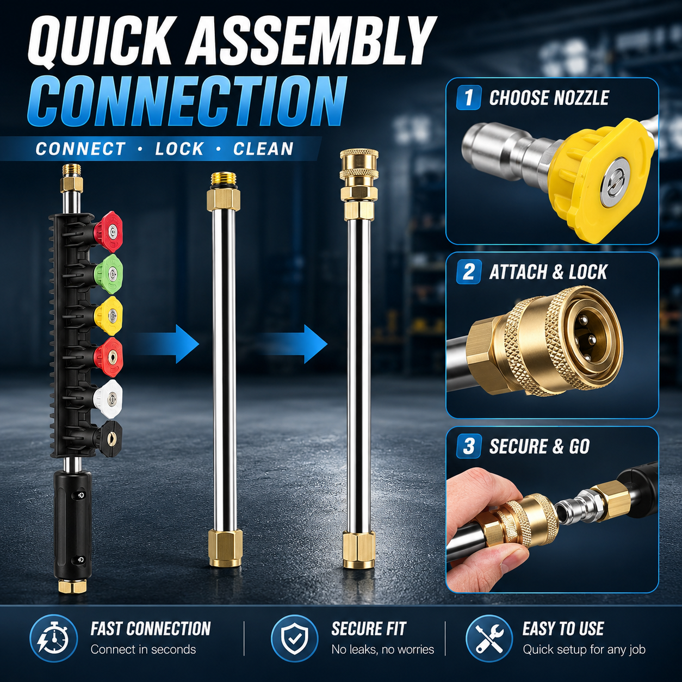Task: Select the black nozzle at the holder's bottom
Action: [110, 436]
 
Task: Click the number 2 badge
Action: [469, 271]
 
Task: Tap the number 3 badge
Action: [469, 445]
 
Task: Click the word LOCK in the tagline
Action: [179, 148]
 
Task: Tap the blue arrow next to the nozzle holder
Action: [167, 344]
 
